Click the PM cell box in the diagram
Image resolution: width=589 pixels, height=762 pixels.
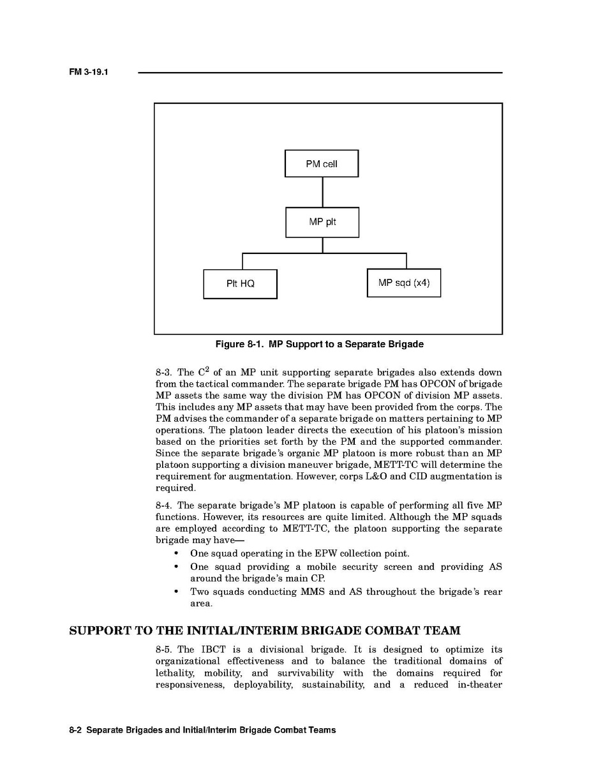[321, 163]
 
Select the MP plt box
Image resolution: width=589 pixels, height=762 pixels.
[322, 222]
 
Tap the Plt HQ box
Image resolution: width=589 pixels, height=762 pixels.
[240, 284]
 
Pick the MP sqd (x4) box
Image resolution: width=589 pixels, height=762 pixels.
[403, 283]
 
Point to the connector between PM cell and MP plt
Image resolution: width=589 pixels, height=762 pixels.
[322, 192]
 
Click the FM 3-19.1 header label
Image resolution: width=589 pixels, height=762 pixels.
[89, 72]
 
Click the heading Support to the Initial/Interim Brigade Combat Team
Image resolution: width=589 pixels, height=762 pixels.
[264, 631]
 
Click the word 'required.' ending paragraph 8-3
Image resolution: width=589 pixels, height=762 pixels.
[175, 488]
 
